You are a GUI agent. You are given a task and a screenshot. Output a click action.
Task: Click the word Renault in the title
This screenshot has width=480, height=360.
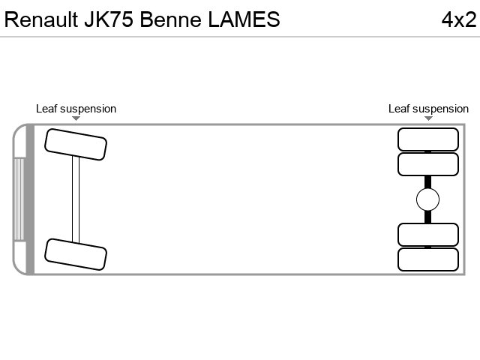point(41,19)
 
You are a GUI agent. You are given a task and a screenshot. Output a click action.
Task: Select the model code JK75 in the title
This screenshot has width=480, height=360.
point(109,19)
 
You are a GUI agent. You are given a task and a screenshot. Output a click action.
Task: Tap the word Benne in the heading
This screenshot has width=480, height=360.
point(170,19)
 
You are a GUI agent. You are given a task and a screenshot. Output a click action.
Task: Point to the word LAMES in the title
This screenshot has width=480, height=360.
point(244,19)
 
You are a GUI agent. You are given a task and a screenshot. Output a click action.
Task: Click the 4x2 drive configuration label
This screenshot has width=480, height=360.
point(459,19)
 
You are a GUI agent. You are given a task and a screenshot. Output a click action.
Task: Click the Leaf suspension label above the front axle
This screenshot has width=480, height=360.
point(76,109)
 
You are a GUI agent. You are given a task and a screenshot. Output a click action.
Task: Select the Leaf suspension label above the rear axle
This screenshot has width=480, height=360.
point(428,109)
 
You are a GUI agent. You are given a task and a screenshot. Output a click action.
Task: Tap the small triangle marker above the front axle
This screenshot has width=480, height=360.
point(76,118)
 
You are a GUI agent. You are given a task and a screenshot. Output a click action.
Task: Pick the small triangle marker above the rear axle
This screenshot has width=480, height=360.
point(428,118)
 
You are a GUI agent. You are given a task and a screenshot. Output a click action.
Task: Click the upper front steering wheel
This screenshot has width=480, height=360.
point(76,145)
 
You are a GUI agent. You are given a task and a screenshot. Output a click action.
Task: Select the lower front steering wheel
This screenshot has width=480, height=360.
point(76,254)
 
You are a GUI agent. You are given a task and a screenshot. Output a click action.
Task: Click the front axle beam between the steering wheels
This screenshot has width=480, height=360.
point(76,199)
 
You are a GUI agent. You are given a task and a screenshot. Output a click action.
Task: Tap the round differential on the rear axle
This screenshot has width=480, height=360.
point(428,199)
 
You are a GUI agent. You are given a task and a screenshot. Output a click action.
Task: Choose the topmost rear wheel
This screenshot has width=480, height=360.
point(428,139)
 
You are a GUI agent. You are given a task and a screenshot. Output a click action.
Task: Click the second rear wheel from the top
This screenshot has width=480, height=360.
point(428,164)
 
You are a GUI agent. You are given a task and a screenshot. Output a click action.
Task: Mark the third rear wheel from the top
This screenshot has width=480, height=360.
point(428,235)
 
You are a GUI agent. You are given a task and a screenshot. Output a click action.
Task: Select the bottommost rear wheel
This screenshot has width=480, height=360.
point(428,259)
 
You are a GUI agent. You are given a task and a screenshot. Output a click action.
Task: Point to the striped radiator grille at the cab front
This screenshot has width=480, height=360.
point(19,199)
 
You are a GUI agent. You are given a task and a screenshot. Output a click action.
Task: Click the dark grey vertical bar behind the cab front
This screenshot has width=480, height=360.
point(30,199)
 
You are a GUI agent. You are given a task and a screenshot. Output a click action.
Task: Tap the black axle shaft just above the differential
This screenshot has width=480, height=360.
point(428,182)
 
